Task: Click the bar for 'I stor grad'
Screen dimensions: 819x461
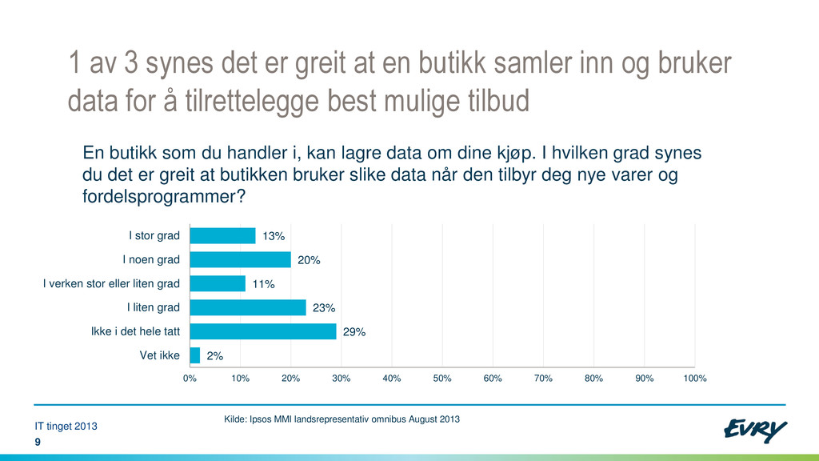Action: coord(222,236)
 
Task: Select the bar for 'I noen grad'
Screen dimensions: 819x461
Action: coord(240,260)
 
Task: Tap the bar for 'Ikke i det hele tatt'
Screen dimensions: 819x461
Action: coord(263,331)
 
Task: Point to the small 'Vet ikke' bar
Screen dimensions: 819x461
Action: coord(195,355)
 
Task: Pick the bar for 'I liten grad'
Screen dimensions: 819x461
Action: coord(248,307)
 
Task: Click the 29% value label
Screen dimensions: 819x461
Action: coord(354,332)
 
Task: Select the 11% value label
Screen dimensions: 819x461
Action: coord(263,284)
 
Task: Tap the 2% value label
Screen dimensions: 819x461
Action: coord(214,356)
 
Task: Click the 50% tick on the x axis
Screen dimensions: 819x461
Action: coord(441,379)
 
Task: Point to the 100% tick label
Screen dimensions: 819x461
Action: coord(695,379)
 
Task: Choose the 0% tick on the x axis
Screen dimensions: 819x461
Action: coord(190,379)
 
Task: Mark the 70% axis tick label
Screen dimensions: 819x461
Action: coord(543,379)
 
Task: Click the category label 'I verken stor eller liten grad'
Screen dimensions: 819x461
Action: coord(111,283)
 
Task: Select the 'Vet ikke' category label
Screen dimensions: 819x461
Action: coord(160,355)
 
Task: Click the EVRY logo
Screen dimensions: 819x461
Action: coord(755,430)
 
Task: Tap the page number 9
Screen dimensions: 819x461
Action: coord(38,442)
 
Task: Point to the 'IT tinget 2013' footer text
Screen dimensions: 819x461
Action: coord(66,426)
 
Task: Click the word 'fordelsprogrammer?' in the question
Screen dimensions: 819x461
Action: coord(163,197)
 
